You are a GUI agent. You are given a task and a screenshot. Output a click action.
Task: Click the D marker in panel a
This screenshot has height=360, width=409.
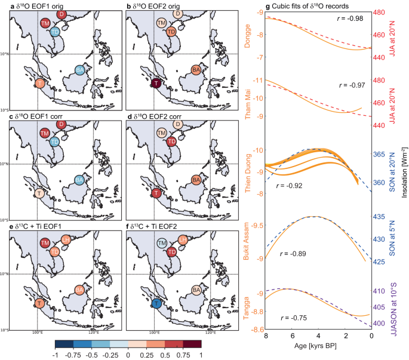click(x=61, y=14)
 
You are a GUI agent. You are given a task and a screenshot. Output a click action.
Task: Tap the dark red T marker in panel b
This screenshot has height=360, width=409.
click(x=156, y=83)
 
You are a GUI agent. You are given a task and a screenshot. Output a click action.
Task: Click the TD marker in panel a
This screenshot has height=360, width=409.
click(x=54, y=32)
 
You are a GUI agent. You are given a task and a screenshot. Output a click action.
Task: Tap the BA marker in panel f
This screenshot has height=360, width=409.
click(x=196, y=290)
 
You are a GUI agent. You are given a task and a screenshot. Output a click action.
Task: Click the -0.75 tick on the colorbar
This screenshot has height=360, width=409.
click(x=72, y=354)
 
